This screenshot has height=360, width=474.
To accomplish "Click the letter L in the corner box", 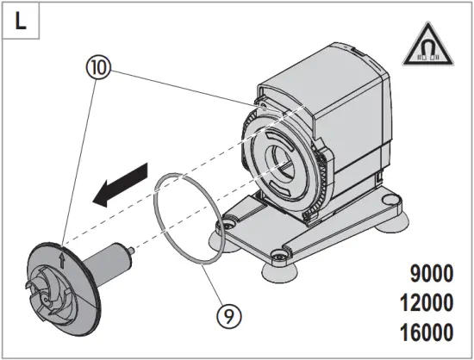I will click(x=21, y=21).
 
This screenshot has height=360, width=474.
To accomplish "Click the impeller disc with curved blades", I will click(x=65, y=281).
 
